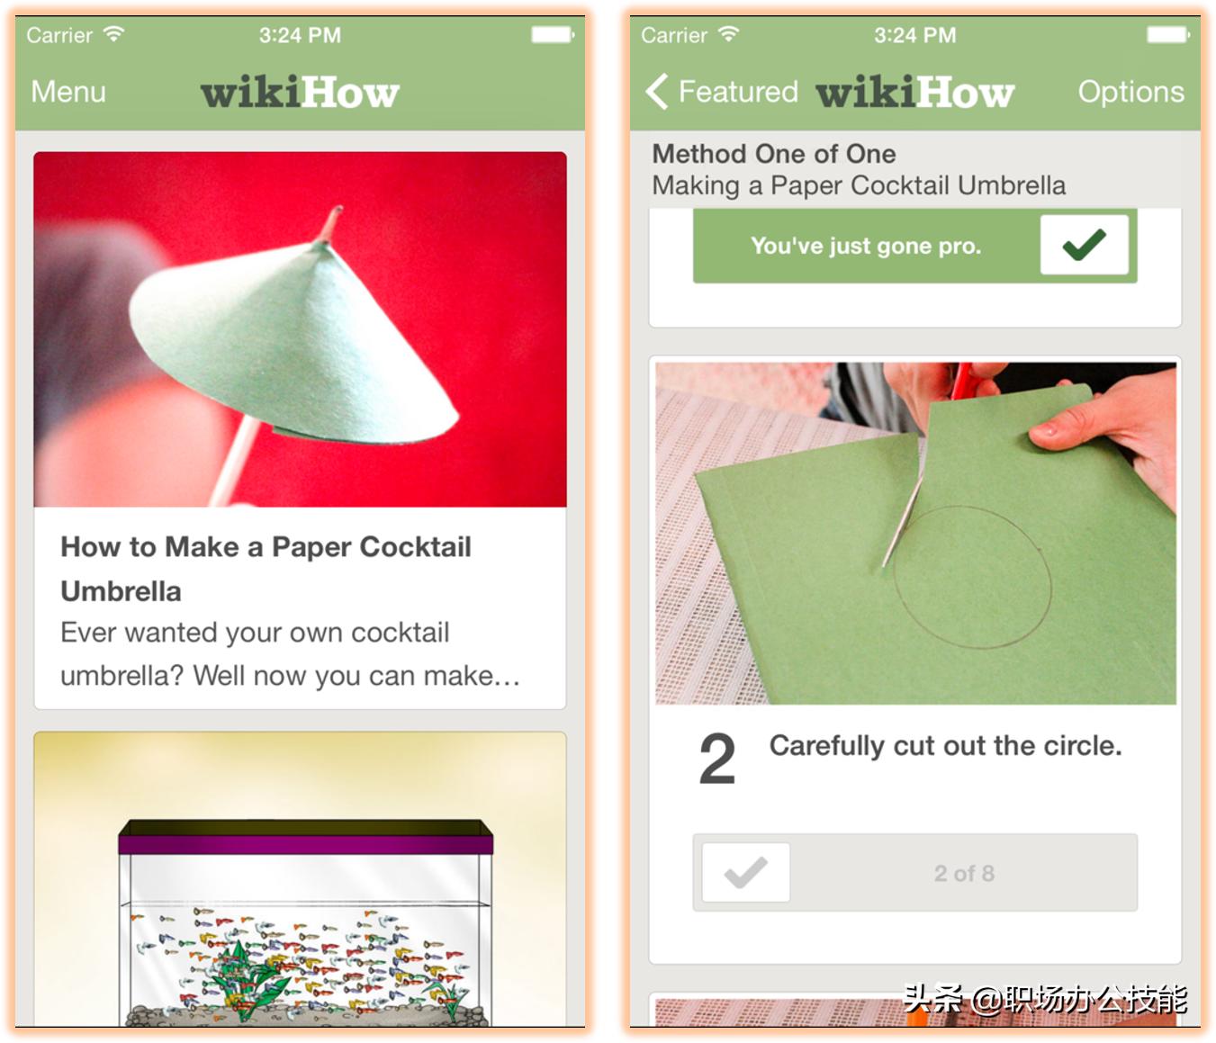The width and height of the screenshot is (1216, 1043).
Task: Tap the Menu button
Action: pyautogui.click(x=68, y=92)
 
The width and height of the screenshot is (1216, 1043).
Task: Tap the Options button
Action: pyautogui.click(x=1130, y=92)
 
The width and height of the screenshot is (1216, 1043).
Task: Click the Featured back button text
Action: pyautogui.click(x=738, y=92)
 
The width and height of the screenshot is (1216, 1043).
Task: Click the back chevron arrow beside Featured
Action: pyautogui.click(x=656, y=92)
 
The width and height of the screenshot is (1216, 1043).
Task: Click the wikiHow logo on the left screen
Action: pyautogui.click(x=300, y=93)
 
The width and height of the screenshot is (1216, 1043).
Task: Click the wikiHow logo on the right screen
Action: pyautogui.click(x=914, y=93)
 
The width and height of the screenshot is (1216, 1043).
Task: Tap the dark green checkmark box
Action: pyautogui.click(x=1085, y=245)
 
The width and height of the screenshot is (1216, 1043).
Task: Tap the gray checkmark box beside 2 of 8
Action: pyautogui.click(x=746, y=872)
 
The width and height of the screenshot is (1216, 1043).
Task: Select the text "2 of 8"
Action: pyautogui.click(x=964, y=874)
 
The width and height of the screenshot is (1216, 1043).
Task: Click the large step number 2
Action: pyautogui.click(x=717, y=759)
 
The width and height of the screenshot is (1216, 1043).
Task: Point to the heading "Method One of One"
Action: pyautogui.click(x=774, y=154)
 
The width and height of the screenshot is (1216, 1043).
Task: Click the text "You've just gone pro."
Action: pyautogui.click(x=866, y=246)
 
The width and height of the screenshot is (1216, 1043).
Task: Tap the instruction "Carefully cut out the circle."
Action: pyautogui.click(x=945, y=746)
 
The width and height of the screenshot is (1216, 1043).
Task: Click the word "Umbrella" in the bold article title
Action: pyautogui.click(x=122, y=591)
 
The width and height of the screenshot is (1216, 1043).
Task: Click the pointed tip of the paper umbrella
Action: pyautogui.click(x=338, y=208)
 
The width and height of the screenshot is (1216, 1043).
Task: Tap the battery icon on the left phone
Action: pyautogui.click(x=553, y=35)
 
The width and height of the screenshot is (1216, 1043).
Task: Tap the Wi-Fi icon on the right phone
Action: pyautogui.click(x=728, y=33)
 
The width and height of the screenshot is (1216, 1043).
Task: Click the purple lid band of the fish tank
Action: pyautogui.click(x=305, y=844)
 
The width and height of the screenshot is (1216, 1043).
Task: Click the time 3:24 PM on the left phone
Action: pyautogui.click(x=300, y=35)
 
